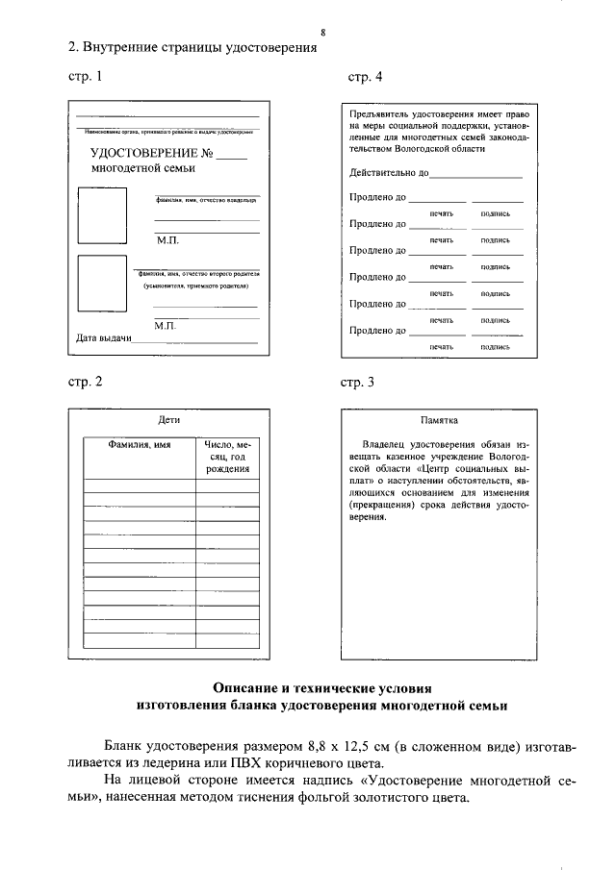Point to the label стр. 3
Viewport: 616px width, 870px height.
[x=358, y=382]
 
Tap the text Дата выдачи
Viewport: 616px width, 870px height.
[x=104, y=338]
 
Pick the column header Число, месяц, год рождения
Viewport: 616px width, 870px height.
[x=227, y=457]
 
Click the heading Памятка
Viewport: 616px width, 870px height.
[x=439, y=421]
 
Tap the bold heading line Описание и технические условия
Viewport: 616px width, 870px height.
[x=322, y=688]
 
